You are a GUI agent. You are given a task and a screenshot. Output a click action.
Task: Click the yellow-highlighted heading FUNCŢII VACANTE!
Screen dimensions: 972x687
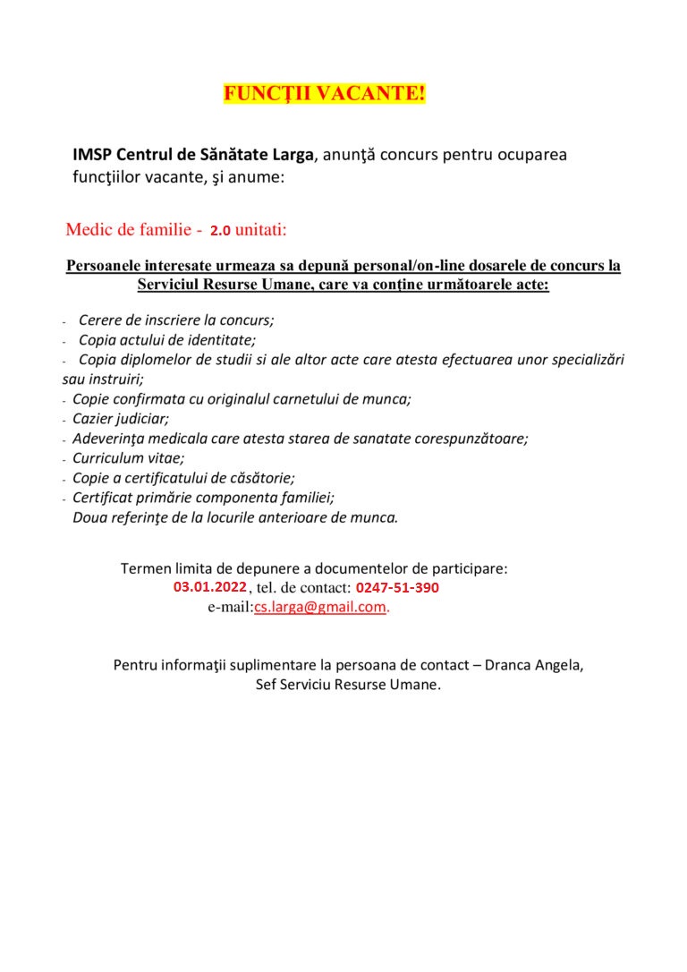[x=324, y=93]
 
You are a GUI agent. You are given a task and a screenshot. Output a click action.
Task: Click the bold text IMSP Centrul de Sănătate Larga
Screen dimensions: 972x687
[x=193, y=154]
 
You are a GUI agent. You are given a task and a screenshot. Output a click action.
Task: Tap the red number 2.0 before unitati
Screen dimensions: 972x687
[x=220, y=231]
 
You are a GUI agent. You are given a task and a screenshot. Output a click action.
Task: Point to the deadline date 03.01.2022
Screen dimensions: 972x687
[x=209, y=587]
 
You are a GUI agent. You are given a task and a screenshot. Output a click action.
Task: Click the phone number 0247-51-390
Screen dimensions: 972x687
[x=397, y=588]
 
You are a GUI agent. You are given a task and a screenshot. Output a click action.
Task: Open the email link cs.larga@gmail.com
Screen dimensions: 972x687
[x=320, y=607]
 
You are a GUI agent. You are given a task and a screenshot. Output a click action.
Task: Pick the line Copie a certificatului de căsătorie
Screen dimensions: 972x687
[x=183, y=478]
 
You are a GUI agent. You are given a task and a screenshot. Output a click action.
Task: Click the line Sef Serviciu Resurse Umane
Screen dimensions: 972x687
[x=348, y=685]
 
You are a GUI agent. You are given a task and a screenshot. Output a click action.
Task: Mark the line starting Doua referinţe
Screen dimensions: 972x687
[x=235, y=517]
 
